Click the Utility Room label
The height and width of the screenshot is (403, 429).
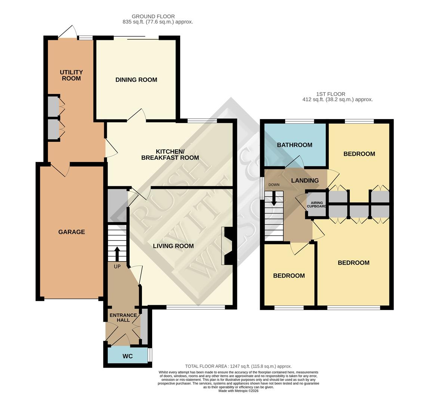(71, 75)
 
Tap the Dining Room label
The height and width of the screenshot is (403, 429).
(136, 79)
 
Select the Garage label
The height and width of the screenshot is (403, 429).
(71, 232)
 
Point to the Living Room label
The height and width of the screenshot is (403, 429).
(173, 246)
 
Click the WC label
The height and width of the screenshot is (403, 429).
(127, 356)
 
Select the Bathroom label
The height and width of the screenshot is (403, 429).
(294, 145)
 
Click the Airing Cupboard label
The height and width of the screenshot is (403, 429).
(316, 204)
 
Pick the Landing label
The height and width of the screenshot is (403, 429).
(305, 180)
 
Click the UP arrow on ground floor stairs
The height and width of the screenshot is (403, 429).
(117, 254)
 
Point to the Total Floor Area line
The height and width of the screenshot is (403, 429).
(238, 366)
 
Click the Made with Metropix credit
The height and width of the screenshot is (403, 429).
(238, 391)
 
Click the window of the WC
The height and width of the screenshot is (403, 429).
(150, 355)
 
